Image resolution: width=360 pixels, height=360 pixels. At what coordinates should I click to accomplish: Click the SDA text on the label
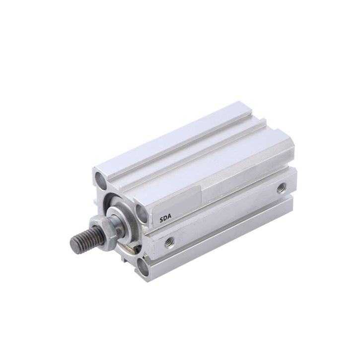(x=165, y=219)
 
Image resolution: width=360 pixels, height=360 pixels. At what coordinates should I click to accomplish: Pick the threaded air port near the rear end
(x=281, y=189)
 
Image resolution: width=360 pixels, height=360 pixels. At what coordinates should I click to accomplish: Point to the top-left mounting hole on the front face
(x=101, y=180)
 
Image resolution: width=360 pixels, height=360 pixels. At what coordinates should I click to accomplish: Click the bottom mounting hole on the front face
(x=144, y=267)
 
